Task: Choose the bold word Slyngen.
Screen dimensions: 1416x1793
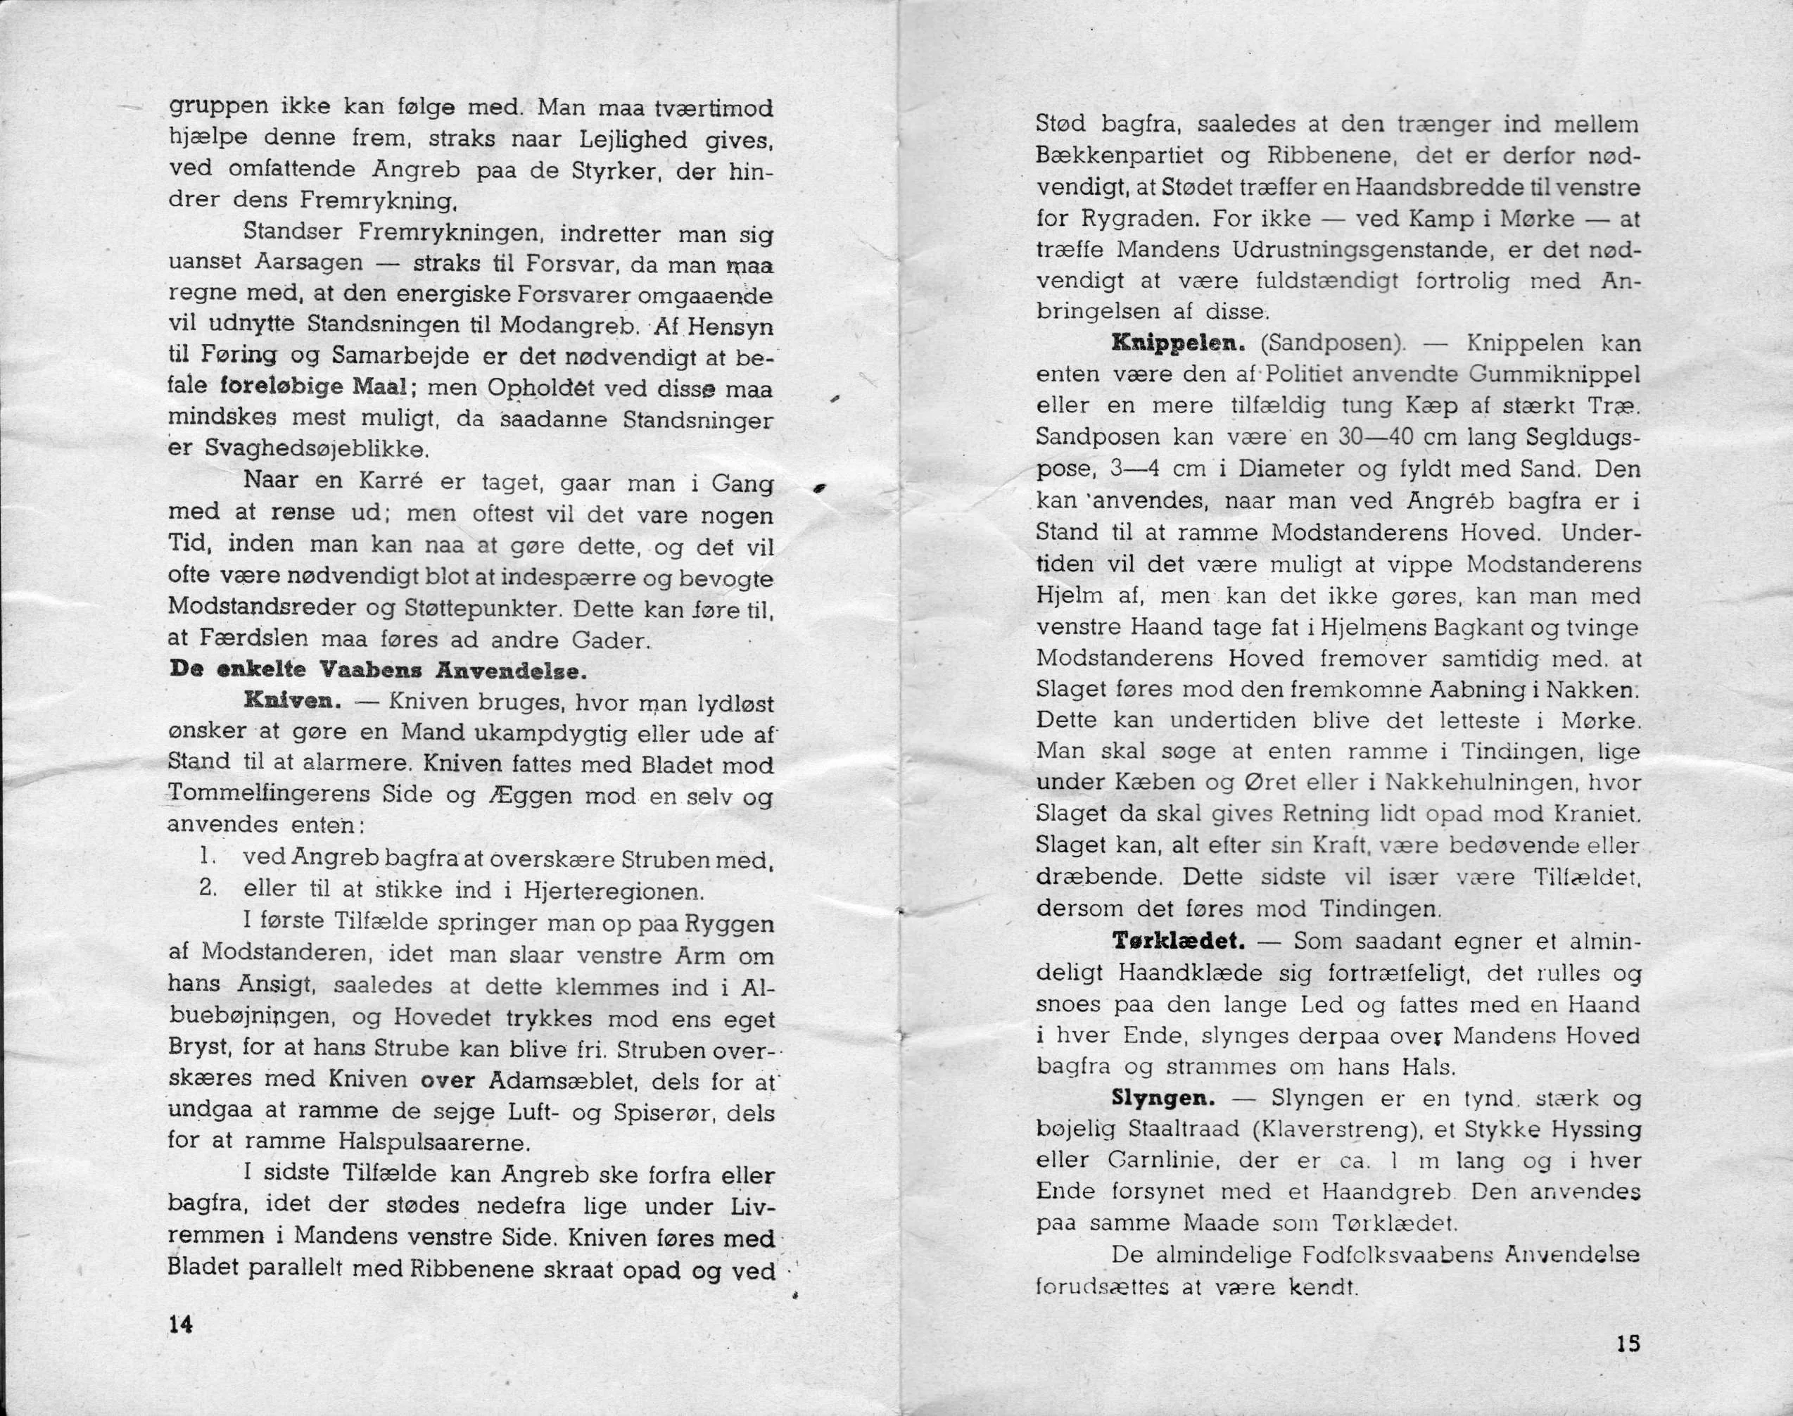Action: coord(1163,1099)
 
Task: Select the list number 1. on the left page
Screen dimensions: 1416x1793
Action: coord(208,859)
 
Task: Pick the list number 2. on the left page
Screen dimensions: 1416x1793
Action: coord(208,890)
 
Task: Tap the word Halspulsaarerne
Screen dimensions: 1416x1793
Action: coord(433,1143)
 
